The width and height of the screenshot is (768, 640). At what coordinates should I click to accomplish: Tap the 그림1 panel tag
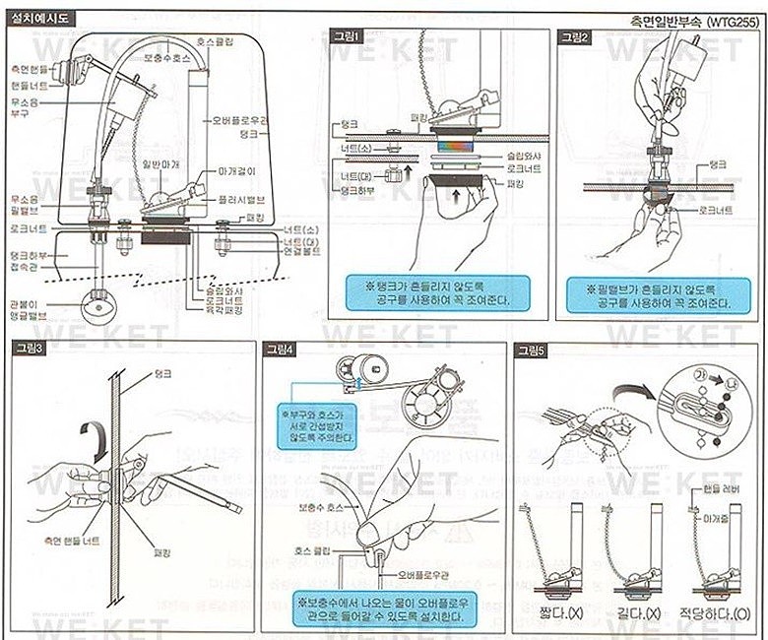pyautogui.click(x=347, y=36)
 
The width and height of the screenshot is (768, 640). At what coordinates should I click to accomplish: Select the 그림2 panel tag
pyautogui.click(x=575, y=36)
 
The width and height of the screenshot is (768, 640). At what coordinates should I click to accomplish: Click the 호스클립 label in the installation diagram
pyautogui.click(x=217, y=44)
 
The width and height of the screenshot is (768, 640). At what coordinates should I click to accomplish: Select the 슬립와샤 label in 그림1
pyautogui.click(x=501, y=155)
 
